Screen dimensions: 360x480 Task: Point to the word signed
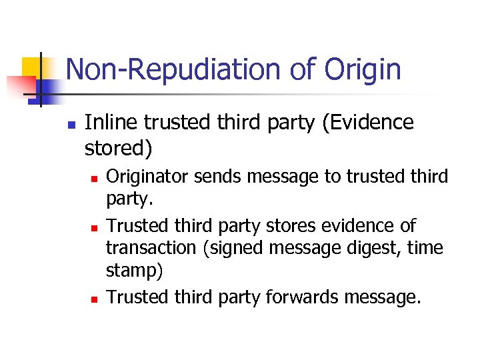pos(242,248)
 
